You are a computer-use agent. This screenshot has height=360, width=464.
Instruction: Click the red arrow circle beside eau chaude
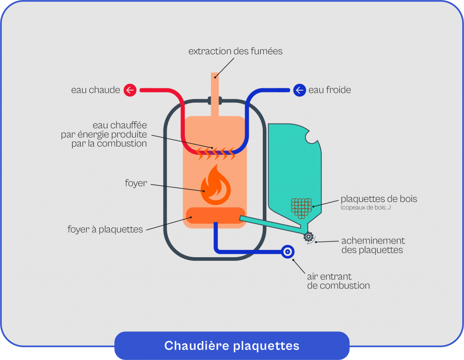click(x=130, y=90)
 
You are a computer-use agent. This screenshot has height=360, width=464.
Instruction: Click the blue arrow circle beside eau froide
click(x=300, y=90)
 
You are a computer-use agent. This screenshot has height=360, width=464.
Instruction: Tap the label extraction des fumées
click(x=235, y=51)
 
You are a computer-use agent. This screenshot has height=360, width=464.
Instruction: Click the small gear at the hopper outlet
click(x=309, y=236)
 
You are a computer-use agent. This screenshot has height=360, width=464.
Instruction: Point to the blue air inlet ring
click(x=287, y=251)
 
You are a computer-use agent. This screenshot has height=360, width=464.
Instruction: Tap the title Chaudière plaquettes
click(x=232, y=346)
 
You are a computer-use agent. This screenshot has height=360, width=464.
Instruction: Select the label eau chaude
click(x=96, y=90)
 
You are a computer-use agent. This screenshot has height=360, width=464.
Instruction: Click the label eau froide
click(x=329, y=90)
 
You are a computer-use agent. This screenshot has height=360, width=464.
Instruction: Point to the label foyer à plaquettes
click(x=105, y=230)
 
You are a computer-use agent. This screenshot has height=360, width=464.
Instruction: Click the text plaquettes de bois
click(x=378, y=199)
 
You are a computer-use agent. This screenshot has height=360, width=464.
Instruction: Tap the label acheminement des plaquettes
click(x=372, y=245)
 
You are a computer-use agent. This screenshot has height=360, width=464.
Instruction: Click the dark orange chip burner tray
click(x=215, y=216)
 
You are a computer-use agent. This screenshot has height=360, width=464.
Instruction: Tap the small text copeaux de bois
click(x=366, y=208)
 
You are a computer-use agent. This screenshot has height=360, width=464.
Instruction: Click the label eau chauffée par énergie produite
click(x=104, y=134)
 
